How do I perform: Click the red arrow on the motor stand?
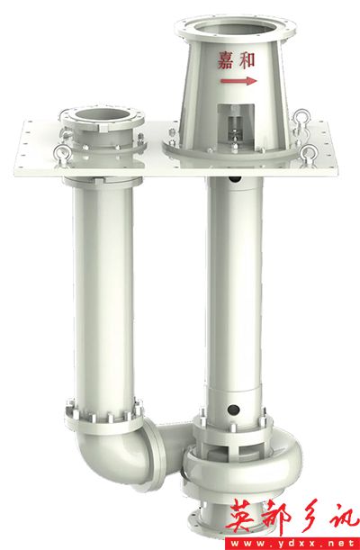pos(238,81)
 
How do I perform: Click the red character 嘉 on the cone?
pos(225,60)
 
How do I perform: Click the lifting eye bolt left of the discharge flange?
pos(62,153)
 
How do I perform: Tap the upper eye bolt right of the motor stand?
pos(301,118)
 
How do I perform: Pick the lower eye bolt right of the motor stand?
pos(309,154)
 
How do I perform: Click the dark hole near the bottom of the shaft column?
pos(233,410)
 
